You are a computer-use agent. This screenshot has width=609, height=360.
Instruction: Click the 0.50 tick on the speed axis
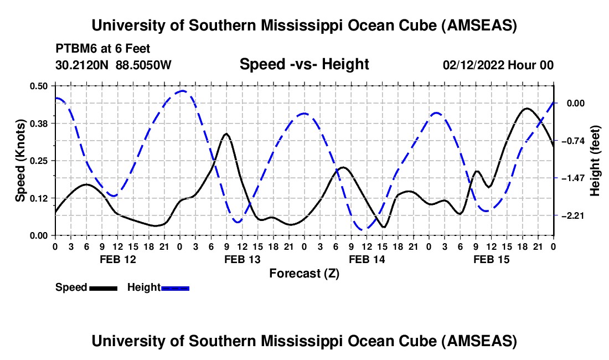pyautogui.click(x=40, y=86)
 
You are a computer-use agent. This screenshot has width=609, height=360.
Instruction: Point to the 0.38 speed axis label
pyautogui.click(x=40, y=123)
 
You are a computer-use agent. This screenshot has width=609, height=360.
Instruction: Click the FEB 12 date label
pyautogui.click(x=117, y=259)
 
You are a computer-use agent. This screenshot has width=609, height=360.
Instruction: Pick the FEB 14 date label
pyautogui.click(x=367, y=259)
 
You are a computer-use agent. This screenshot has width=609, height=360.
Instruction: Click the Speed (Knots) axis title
pyautogui.click(x=20, y=160)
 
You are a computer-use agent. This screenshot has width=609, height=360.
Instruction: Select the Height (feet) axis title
pyautogui.click(x=596, y=161)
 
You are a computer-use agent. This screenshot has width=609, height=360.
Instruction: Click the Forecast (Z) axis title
pyautogui.click(x=304, y=273)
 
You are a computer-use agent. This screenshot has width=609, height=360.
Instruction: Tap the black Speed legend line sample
pyautogui.click(x=103, y=287)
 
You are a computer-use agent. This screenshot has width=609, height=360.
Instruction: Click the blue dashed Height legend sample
pyautogui.click(x=176, y=287)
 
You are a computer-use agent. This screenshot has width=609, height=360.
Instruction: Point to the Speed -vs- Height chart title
pyautogui.click(x=304, y=64)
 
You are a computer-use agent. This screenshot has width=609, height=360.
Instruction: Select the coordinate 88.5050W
pyautogui.click(x=144, y=65)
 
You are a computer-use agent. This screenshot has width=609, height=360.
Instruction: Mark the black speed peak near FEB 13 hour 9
pyautogui.click(x=226, y=133)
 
